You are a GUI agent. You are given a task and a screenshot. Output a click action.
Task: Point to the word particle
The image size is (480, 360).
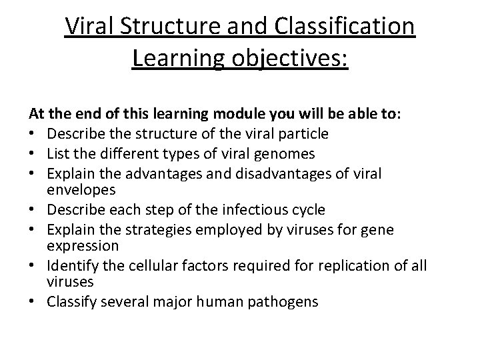coord(301,133)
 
